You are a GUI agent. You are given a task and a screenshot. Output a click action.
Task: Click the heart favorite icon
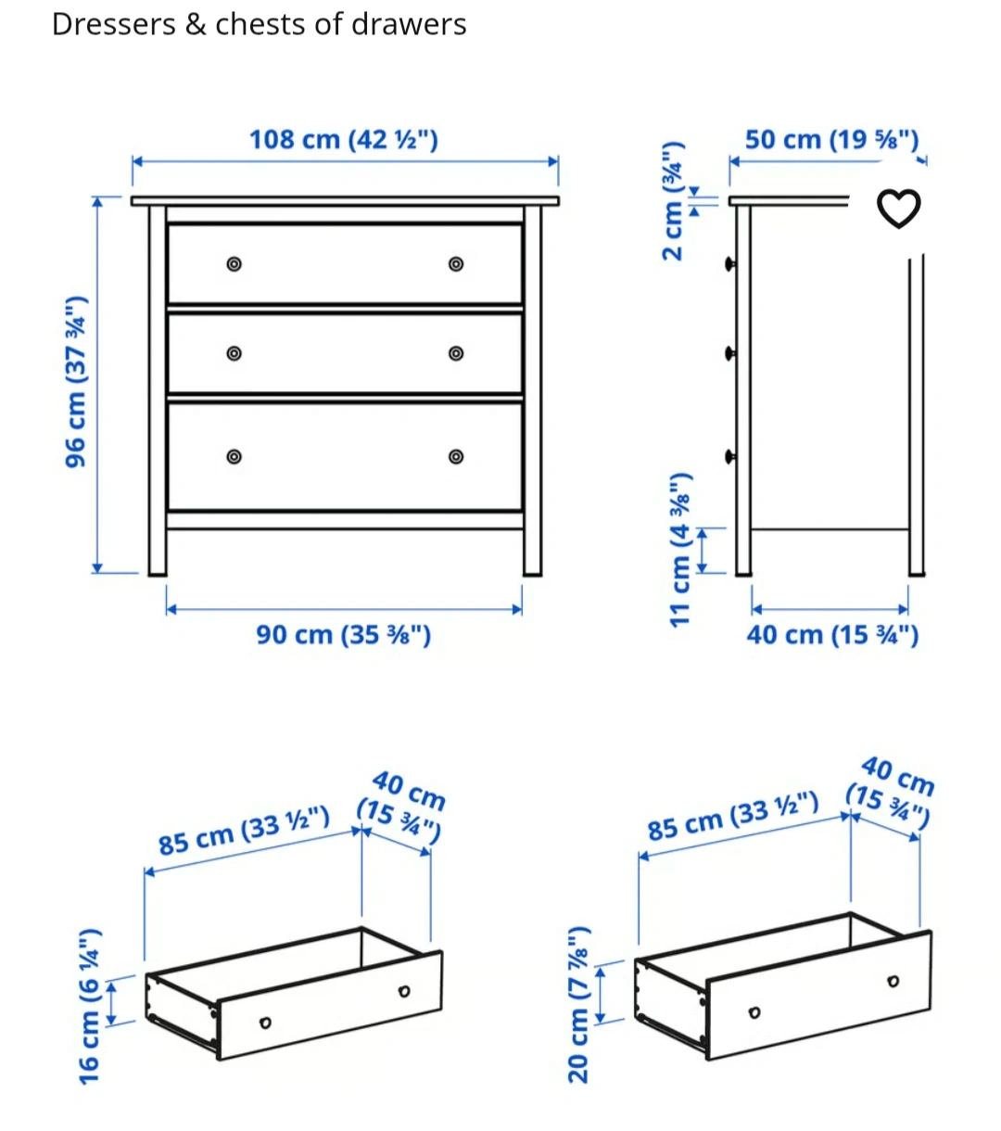(x=898, y=209)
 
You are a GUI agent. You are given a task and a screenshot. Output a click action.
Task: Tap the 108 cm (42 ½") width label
(x=343, y=140)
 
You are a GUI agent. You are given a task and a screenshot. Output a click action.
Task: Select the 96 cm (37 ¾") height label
(x=77, y=382)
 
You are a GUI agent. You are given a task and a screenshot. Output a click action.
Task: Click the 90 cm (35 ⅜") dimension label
(x=343, y=635)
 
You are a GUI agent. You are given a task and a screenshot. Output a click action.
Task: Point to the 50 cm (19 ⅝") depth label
(x=831, y=140)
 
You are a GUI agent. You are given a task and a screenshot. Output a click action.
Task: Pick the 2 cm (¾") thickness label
(x=673, y=201)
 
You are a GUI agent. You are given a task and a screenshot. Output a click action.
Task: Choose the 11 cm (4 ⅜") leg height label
(x=680, y=550)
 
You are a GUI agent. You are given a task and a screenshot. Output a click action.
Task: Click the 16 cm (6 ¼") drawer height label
(x=90, y=1007)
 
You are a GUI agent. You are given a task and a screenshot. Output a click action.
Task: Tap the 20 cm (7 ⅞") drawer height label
(x=578, y=1005)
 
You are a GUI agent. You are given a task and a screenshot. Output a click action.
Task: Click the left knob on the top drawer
(x=234, y=263)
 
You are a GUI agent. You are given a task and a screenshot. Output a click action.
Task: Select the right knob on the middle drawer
(x=456, y=353)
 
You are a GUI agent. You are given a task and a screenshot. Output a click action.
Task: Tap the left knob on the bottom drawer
(x=234, y=457)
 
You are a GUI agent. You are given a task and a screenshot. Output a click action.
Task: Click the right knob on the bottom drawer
(x=456, y=457)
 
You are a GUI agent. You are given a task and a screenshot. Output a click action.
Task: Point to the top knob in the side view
(x=729, y=264)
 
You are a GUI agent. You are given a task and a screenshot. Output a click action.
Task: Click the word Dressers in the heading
(x=114, y=24)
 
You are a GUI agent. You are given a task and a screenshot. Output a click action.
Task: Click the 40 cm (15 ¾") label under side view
(x=832, y=635)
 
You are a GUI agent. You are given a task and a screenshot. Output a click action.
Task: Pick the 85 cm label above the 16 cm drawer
(x=244, y=830)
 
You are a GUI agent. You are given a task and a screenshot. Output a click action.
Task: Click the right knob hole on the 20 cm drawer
(x=893, y=981)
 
